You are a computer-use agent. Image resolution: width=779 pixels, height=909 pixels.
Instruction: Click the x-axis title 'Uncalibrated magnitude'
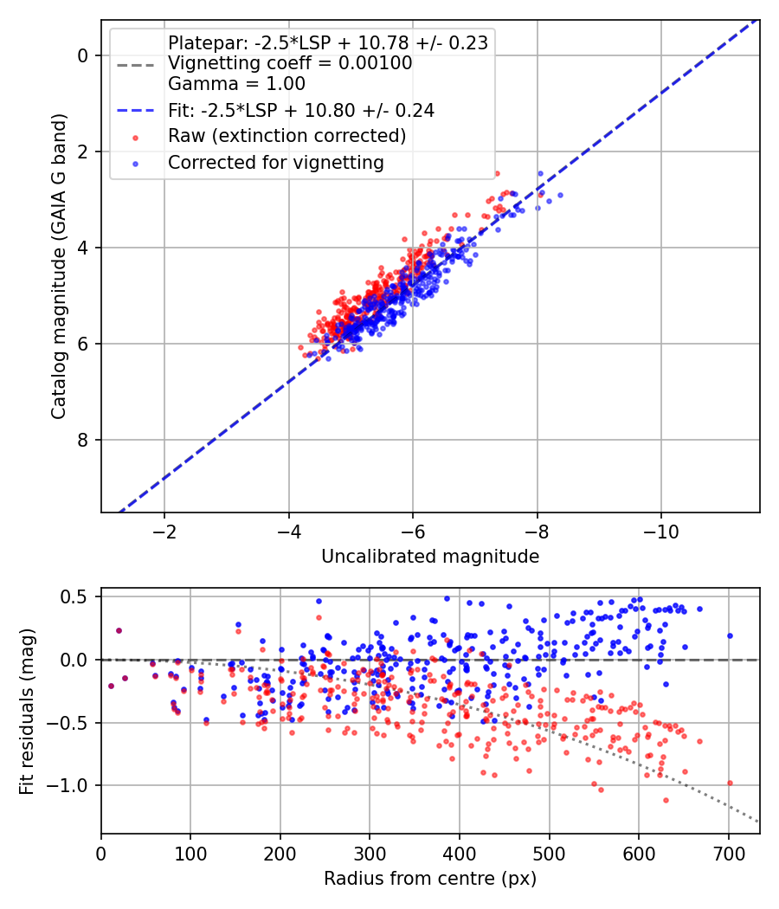[x=430, y=557]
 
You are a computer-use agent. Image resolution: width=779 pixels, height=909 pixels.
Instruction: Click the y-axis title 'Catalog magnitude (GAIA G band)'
[x=58, y=266]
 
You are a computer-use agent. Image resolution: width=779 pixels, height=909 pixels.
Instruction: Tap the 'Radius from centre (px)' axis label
[x=430, y=879]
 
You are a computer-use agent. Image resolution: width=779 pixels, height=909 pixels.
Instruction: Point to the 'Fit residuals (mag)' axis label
[x=26, y=712]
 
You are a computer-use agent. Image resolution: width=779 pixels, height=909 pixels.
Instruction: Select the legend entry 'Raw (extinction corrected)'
[x=286, y=136]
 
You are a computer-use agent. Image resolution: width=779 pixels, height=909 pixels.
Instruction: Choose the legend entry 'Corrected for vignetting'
[x=276, y=163]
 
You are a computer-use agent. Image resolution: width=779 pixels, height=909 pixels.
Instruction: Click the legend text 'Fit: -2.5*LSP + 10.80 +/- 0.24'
[x=301, y=110]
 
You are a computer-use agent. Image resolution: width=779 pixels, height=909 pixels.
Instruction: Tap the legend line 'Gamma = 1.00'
[x=236, y=83]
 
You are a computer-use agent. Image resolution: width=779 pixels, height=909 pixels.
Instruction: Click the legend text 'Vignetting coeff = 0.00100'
[x=290, y=62]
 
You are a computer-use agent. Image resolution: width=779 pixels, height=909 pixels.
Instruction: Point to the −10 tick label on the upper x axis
[x=661, y=532]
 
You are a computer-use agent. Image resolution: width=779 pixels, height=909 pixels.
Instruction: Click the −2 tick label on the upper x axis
[x=164, y=532]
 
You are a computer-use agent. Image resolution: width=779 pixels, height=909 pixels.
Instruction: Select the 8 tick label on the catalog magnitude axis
[x=82, y=440]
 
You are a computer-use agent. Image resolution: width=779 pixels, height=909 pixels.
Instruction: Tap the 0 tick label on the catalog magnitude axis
[x=82, y=55]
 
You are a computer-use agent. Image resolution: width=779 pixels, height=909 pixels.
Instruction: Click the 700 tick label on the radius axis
[x=729, y=854]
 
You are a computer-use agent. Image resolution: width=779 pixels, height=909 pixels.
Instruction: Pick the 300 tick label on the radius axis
[x=370, y=854]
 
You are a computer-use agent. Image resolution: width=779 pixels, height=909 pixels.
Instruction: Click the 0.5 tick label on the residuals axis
[x=78, y=596]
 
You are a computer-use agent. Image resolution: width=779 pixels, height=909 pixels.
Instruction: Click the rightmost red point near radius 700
[x=730, y=783]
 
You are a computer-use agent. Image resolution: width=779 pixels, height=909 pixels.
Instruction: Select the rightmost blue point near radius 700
[x=730, y=636]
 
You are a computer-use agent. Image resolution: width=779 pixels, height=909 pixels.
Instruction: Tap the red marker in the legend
[x=136, y=138]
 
